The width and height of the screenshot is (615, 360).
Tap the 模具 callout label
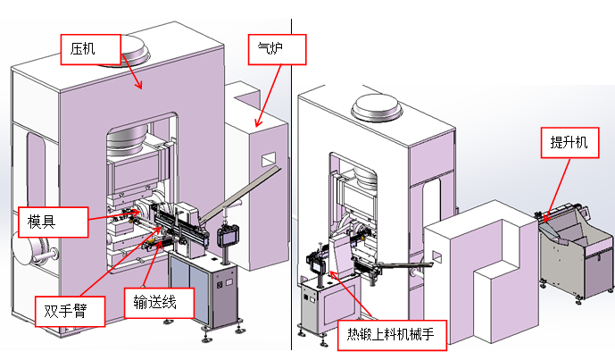54,222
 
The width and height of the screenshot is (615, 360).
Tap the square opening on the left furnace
267,160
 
